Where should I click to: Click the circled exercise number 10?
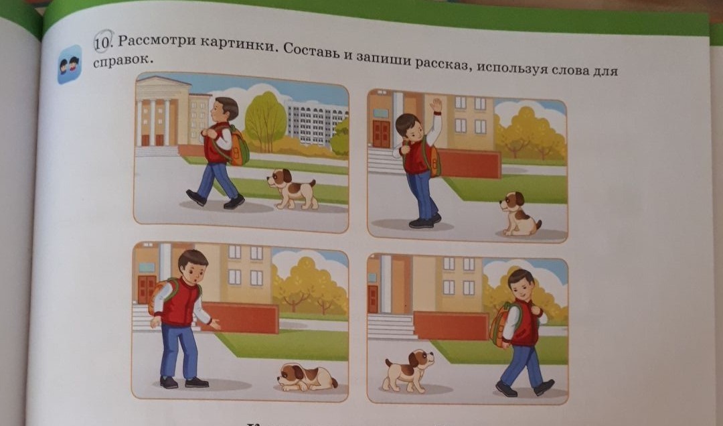103,42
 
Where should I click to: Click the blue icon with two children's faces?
69,64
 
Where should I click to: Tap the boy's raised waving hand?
435,106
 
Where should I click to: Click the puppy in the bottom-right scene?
408,370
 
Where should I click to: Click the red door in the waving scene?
382,133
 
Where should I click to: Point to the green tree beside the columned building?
265,121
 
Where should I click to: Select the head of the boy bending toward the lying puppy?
193,266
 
